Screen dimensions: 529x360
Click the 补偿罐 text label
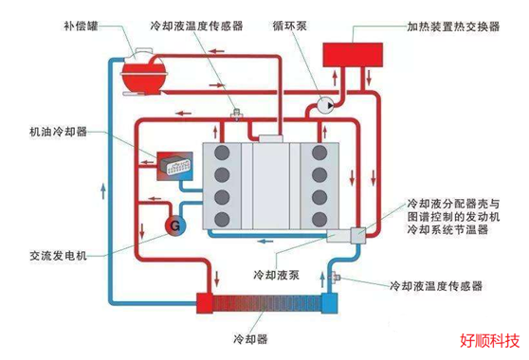(x=81, y=26)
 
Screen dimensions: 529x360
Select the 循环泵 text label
(x=290, y=26)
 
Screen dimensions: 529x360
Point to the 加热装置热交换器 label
(x=453, y=27)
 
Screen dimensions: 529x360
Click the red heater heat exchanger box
(x=353, y=55)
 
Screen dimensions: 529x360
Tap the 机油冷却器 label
(x=58, y=132)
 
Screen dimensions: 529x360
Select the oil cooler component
(x=174, y=166)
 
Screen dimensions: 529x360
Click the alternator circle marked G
(x=174, y=225)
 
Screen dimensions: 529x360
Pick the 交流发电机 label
(x=58, y=256)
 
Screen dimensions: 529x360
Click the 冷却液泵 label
(x=276, y=275)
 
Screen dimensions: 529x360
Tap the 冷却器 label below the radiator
(x=250, y=339)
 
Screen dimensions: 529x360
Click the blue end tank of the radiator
(x=329, y=303)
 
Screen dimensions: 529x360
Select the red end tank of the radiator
(x=205, y=303)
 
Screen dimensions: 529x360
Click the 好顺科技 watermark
(x=490, y=341)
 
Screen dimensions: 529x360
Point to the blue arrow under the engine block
(x=265, y=242)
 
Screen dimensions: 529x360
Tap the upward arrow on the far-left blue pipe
(x=103, y=190)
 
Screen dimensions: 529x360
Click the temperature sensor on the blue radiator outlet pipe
(x=336, y=278)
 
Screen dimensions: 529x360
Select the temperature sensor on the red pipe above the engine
(x=236, y=115)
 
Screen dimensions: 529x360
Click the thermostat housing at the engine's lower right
(x=358, y=235)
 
